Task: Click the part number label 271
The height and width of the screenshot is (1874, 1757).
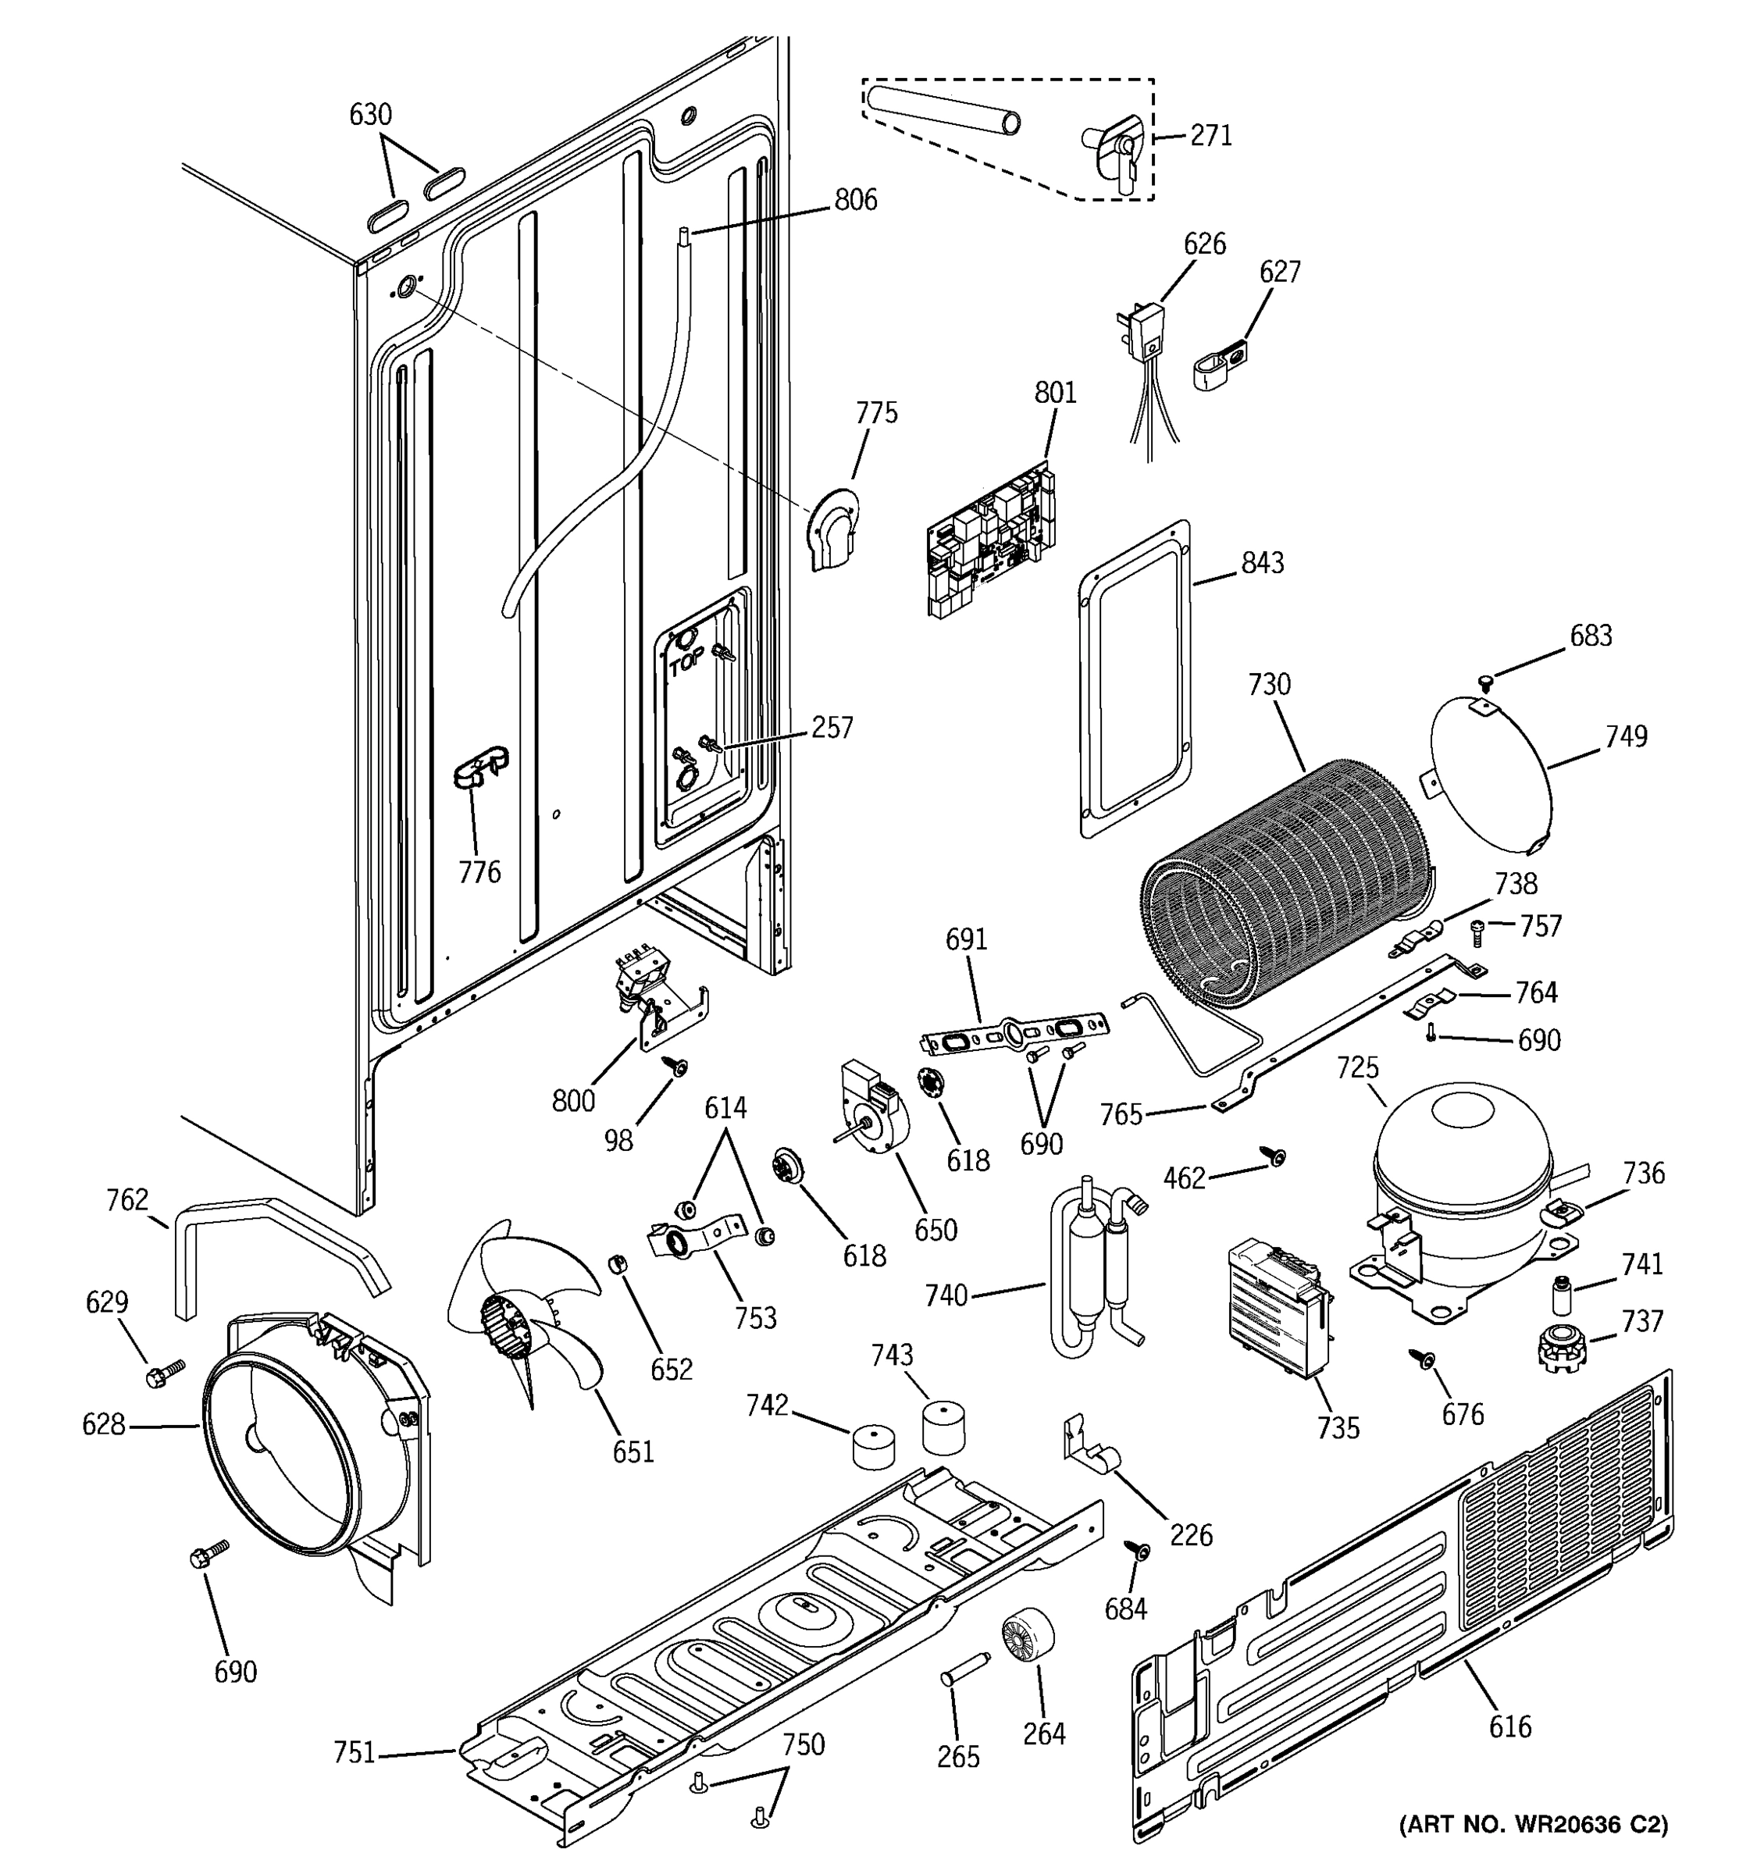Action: (1210, 136)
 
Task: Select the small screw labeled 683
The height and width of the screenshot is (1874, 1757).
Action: (1485, 679)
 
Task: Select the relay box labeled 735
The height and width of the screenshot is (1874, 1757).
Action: (1278, 1309)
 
